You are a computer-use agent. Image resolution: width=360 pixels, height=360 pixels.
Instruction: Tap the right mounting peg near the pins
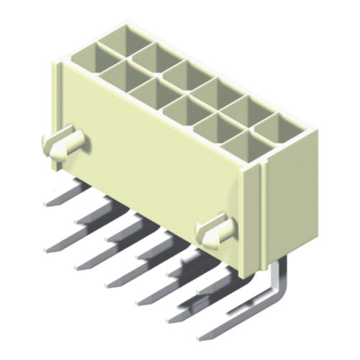coord(215,231)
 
